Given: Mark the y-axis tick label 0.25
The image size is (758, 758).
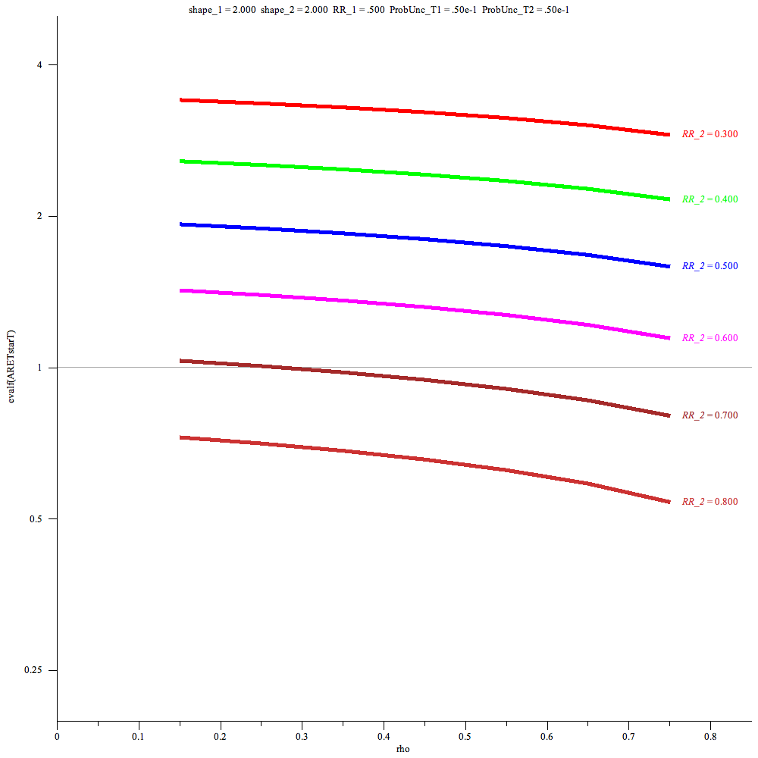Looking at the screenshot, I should pos(36,670).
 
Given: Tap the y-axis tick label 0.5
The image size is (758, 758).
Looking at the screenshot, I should pos(39,518).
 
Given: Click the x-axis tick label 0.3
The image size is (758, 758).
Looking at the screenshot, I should pos(302,735).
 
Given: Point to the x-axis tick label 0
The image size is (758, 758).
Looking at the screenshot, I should pos(57,735).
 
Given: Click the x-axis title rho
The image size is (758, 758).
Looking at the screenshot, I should pos(403,749).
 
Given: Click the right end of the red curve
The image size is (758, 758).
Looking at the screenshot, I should pos(669,135).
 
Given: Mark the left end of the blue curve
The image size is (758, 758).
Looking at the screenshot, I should pos(180,224).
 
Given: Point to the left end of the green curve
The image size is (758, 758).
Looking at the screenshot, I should pos(180,161).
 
